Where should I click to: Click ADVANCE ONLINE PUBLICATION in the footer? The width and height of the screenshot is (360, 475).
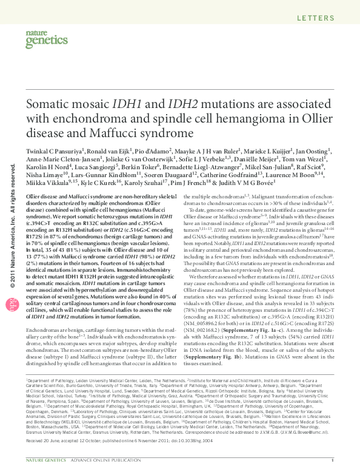coord(92,461)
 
